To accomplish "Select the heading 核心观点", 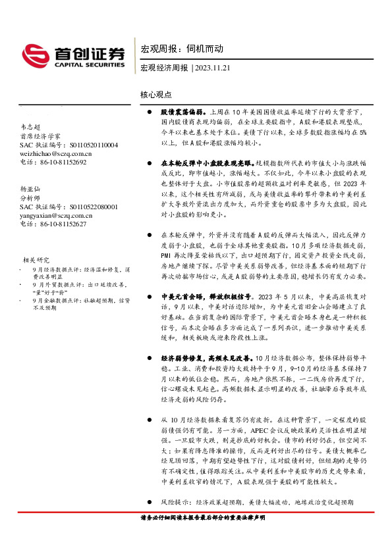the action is click(x=155, y=95).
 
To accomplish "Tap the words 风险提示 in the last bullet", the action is click(x=173, y=502).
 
